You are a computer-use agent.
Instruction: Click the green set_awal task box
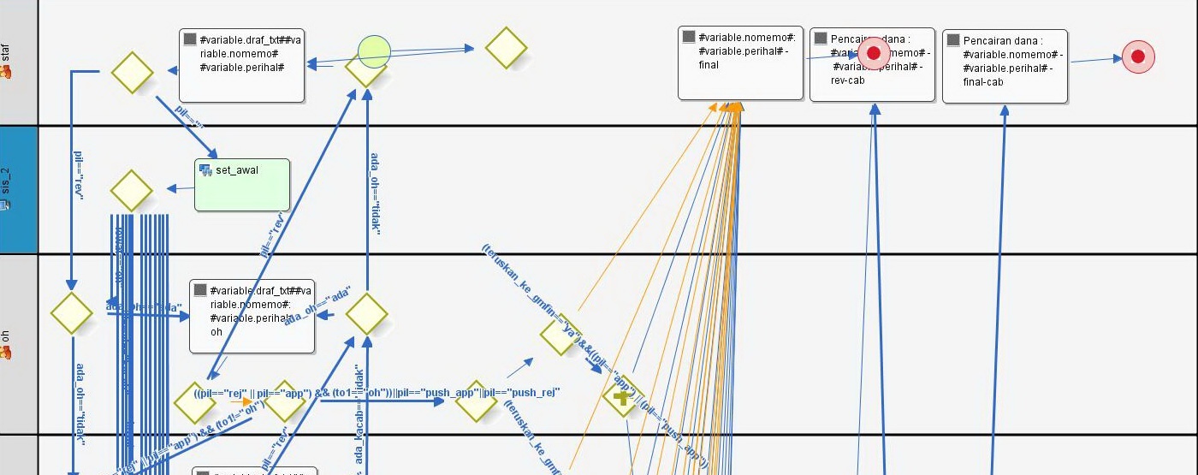click(x=242, y=185)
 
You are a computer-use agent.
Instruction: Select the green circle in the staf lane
click(x=374, y=52)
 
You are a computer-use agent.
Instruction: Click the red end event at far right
click(x=1138, y=57)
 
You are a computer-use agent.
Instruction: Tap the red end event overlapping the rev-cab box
click(x=874, y=53)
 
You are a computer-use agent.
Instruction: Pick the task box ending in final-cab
click(x=1005, y=67)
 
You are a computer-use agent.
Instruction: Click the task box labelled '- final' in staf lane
click(x=740, y=62)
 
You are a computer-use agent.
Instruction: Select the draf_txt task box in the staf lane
click(x=241, y=66)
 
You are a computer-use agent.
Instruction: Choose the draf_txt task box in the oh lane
click(x=252, y=316)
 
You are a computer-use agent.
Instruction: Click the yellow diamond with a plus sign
click(x=622, y=396)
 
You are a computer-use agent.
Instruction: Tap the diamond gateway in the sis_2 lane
click(x=132, y=191)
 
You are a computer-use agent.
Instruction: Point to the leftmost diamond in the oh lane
click(x=71, y=312)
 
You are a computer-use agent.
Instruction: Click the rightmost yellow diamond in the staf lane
click(x=506, y=48)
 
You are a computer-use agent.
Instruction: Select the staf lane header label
click(x=7, y=62)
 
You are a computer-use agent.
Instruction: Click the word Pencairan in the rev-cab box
click(x=857, y=40)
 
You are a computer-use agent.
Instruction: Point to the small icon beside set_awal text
click(x=205, y=170)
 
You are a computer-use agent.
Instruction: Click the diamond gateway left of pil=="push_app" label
click(x=476, y=401)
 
